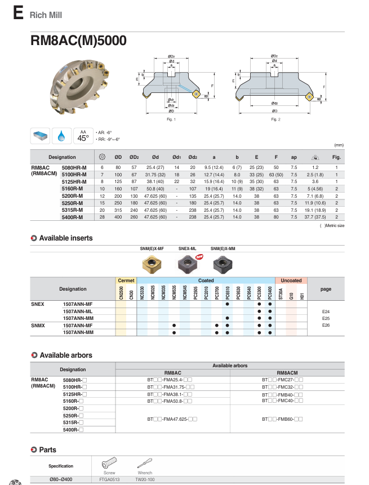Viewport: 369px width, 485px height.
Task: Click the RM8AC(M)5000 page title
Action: coord(78,41)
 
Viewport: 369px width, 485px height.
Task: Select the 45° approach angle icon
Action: coord(83,136)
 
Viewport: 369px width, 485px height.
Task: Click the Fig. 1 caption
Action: coord(171,119)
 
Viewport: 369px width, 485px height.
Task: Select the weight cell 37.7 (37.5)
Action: coord(314,216)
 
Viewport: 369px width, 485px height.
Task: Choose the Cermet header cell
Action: coord(126,280)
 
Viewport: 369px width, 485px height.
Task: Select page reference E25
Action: coord(326,318)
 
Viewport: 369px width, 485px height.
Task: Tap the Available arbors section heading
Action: coord(65,355)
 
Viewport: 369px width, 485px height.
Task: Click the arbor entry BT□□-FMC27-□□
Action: coord(282,380)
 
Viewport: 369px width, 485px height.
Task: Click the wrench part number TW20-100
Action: coord(145,479)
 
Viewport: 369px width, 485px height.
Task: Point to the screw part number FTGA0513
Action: coord(110,479)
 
